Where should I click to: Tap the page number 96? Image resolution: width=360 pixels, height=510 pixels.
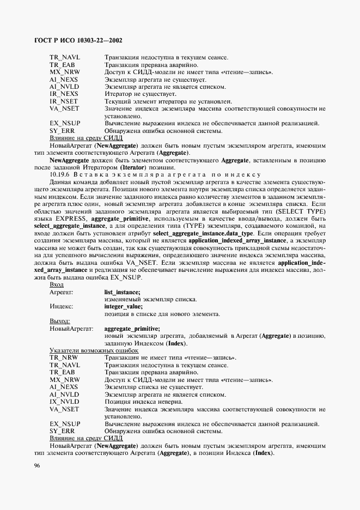[37, 465]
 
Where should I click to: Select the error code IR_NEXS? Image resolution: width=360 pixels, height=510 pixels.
[64, 94]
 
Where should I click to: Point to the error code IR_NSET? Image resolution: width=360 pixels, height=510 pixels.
[64, 101]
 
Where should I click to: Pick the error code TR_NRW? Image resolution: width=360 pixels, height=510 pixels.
[63, 357]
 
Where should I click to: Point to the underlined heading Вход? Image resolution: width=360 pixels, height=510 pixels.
[57, 284]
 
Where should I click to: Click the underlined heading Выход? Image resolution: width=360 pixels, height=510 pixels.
[60, 321]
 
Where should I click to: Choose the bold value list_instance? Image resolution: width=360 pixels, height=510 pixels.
[122, 292]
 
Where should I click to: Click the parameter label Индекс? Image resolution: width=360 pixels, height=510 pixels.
[61, 307]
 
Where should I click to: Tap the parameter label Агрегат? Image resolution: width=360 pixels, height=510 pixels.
[62, 292]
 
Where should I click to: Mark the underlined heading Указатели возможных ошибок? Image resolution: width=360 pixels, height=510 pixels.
[90, 350]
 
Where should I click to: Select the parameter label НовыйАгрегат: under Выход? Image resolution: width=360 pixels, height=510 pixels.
[71, 329]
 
